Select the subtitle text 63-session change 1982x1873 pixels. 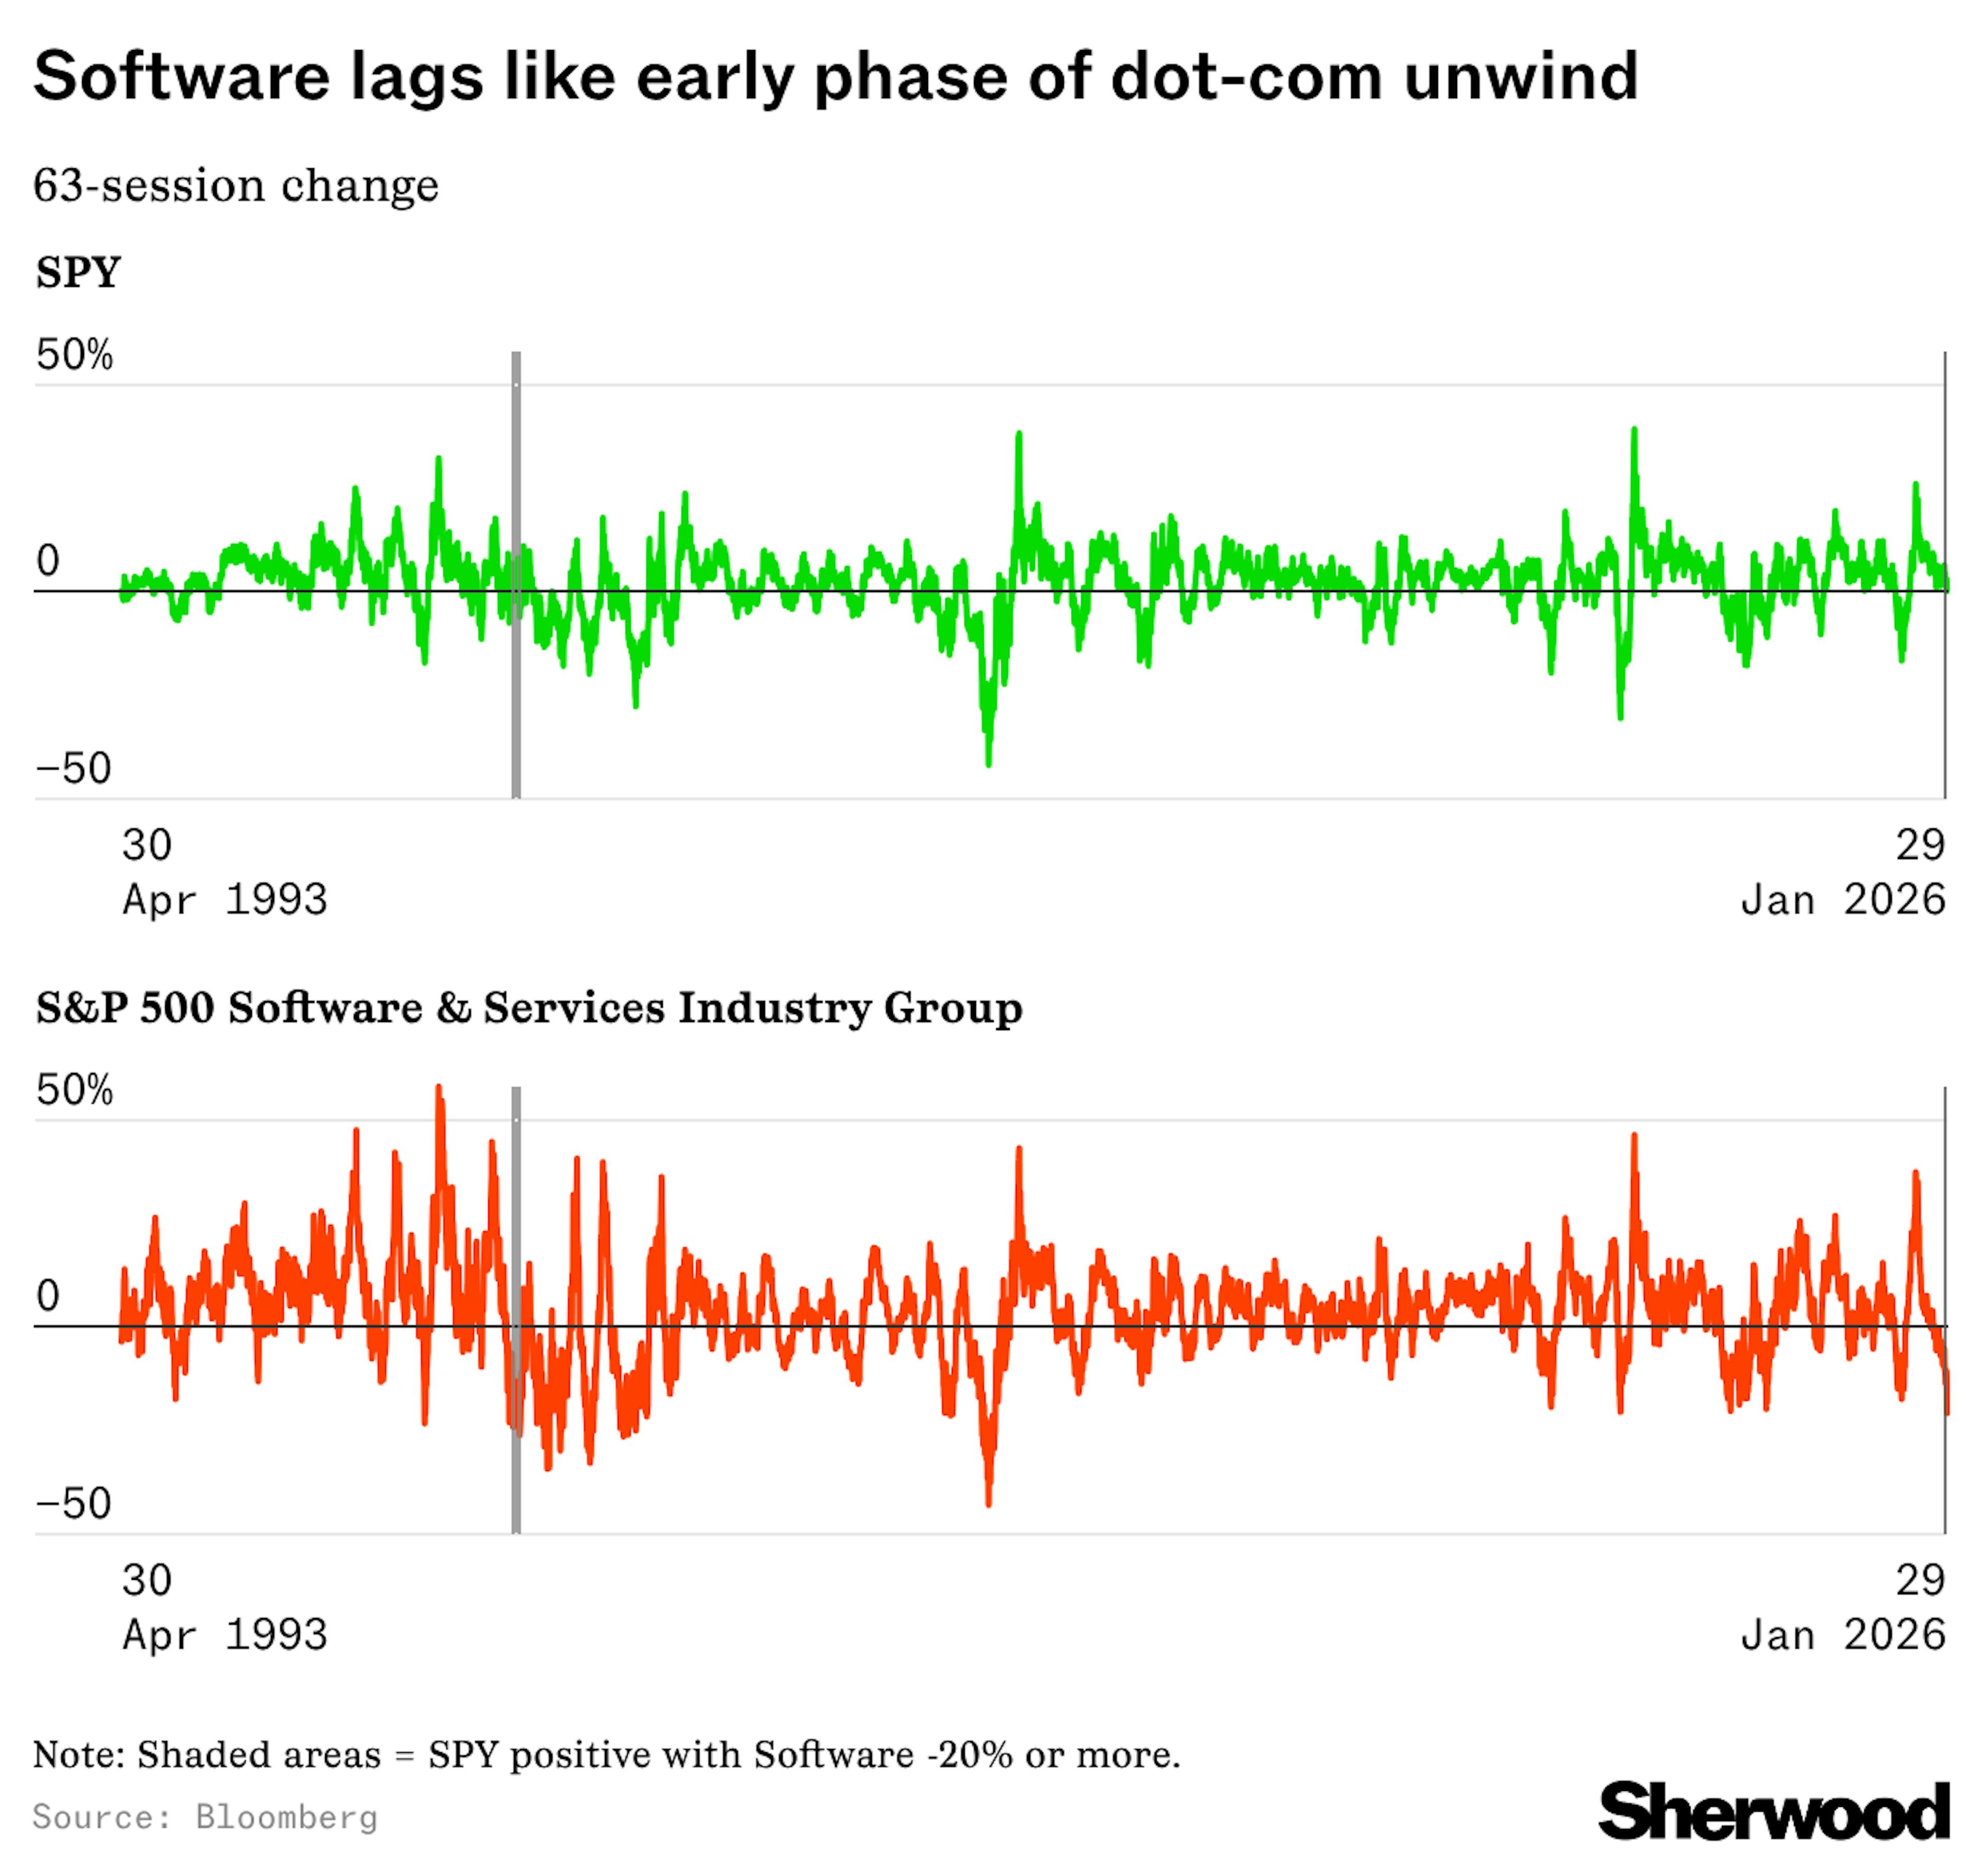point(236,186)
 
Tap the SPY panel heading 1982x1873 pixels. point(78,271)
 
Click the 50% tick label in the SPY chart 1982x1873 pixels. point(74,356)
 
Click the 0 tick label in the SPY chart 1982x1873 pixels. point(48,561)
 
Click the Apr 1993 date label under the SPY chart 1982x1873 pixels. point(225,900)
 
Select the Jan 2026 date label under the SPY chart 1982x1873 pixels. point(1842,900)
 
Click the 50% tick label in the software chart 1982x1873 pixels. point(74,1090)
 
